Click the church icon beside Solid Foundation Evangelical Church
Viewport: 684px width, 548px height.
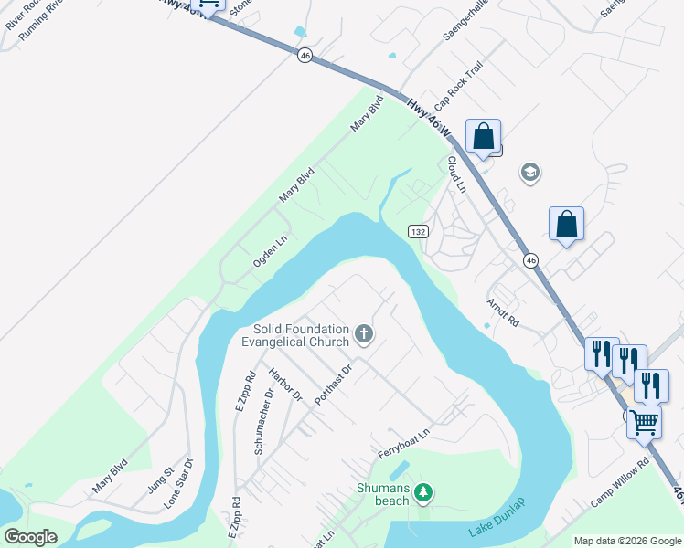[x=364, y=334]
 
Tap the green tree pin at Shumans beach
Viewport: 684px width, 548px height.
[x=422, y=493]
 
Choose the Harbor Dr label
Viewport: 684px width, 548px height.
[x=285, y=385]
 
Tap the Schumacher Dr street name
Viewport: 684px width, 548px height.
[x=265, y=401]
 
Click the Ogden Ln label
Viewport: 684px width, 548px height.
[x=271, y=251]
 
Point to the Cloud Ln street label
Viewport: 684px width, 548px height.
[x=456, y=174]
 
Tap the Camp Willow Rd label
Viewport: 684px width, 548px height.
[x=619, y=482]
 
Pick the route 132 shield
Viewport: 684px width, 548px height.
[x=418, y=232]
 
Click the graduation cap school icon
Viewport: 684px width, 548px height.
[x=529, y=172]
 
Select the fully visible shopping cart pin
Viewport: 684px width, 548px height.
[x=645, y=422]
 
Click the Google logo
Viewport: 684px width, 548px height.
[x=30, y=536]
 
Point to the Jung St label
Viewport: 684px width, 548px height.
[x=163, y=478]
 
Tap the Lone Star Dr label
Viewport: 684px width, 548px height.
[x=179, y=482]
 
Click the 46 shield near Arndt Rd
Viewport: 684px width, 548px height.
[x=531, y=261]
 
